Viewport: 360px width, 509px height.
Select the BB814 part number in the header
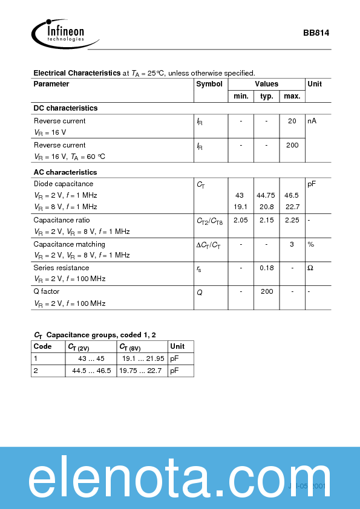(316, 34)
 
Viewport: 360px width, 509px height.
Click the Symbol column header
(209, 84)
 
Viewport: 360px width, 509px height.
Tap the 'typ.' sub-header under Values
(267, 96)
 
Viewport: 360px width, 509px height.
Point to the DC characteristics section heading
(65, 108)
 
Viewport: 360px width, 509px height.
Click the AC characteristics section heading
(65, 172)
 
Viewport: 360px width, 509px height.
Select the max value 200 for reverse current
(292, 145)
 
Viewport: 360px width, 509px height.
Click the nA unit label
(312, 121)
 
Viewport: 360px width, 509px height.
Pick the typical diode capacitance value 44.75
(266, 196)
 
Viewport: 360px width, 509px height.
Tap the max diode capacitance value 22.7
(292, 207)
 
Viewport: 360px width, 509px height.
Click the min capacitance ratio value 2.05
(241, 220)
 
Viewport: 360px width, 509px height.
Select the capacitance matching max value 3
(292, 244)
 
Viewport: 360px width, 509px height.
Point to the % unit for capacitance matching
(311, 244)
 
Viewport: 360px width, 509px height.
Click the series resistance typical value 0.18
(267, 268)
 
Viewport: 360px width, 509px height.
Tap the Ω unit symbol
(310, 268)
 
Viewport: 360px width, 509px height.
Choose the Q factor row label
(47, 291)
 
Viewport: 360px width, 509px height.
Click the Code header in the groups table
(42, 346)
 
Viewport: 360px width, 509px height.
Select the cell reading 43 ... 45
(91, 358)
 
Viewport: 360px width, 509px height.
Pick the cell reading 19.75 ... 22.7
(141, 371)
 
